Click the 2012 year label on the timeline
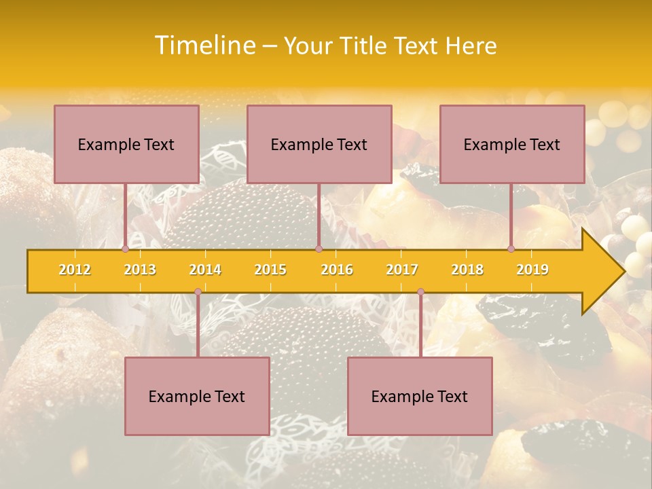[75, 270]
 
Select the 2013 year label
[140, 270]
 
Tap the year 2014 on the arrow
[205, 270]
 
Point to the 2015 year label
[270, 270]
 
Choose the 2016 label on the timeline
[337, 270]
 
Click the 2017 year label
[402, 270]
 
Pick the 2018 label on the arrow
[467, 270]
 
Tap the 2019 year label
[532, 270]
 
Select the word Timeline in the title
[204, 46]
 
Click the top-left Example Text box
[126, 144]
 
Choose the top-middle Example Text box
[319, 144]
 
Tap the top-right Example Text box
[512, 144]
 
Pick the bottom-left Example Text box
[197, 396]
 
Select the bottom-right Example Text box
[420, 396]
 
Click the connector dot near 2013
[126, 249]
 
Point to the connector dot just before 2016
[319, 249]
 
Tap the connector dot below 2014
[198, 292]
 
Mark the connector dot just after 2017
[420, 292]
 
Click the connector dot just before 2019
[511, 249]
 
